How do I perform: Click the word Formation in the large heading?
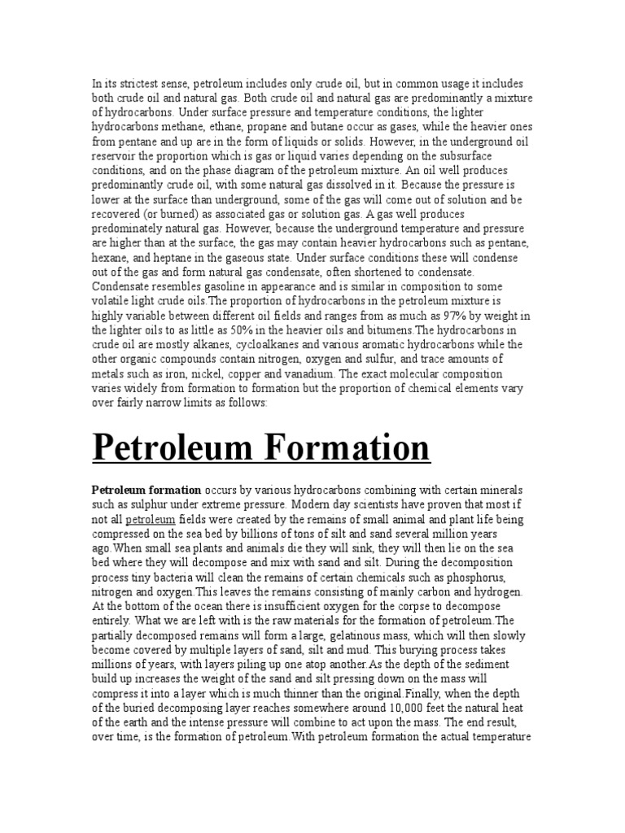[347, 448]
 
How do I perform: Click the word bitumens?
[390, 329]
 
